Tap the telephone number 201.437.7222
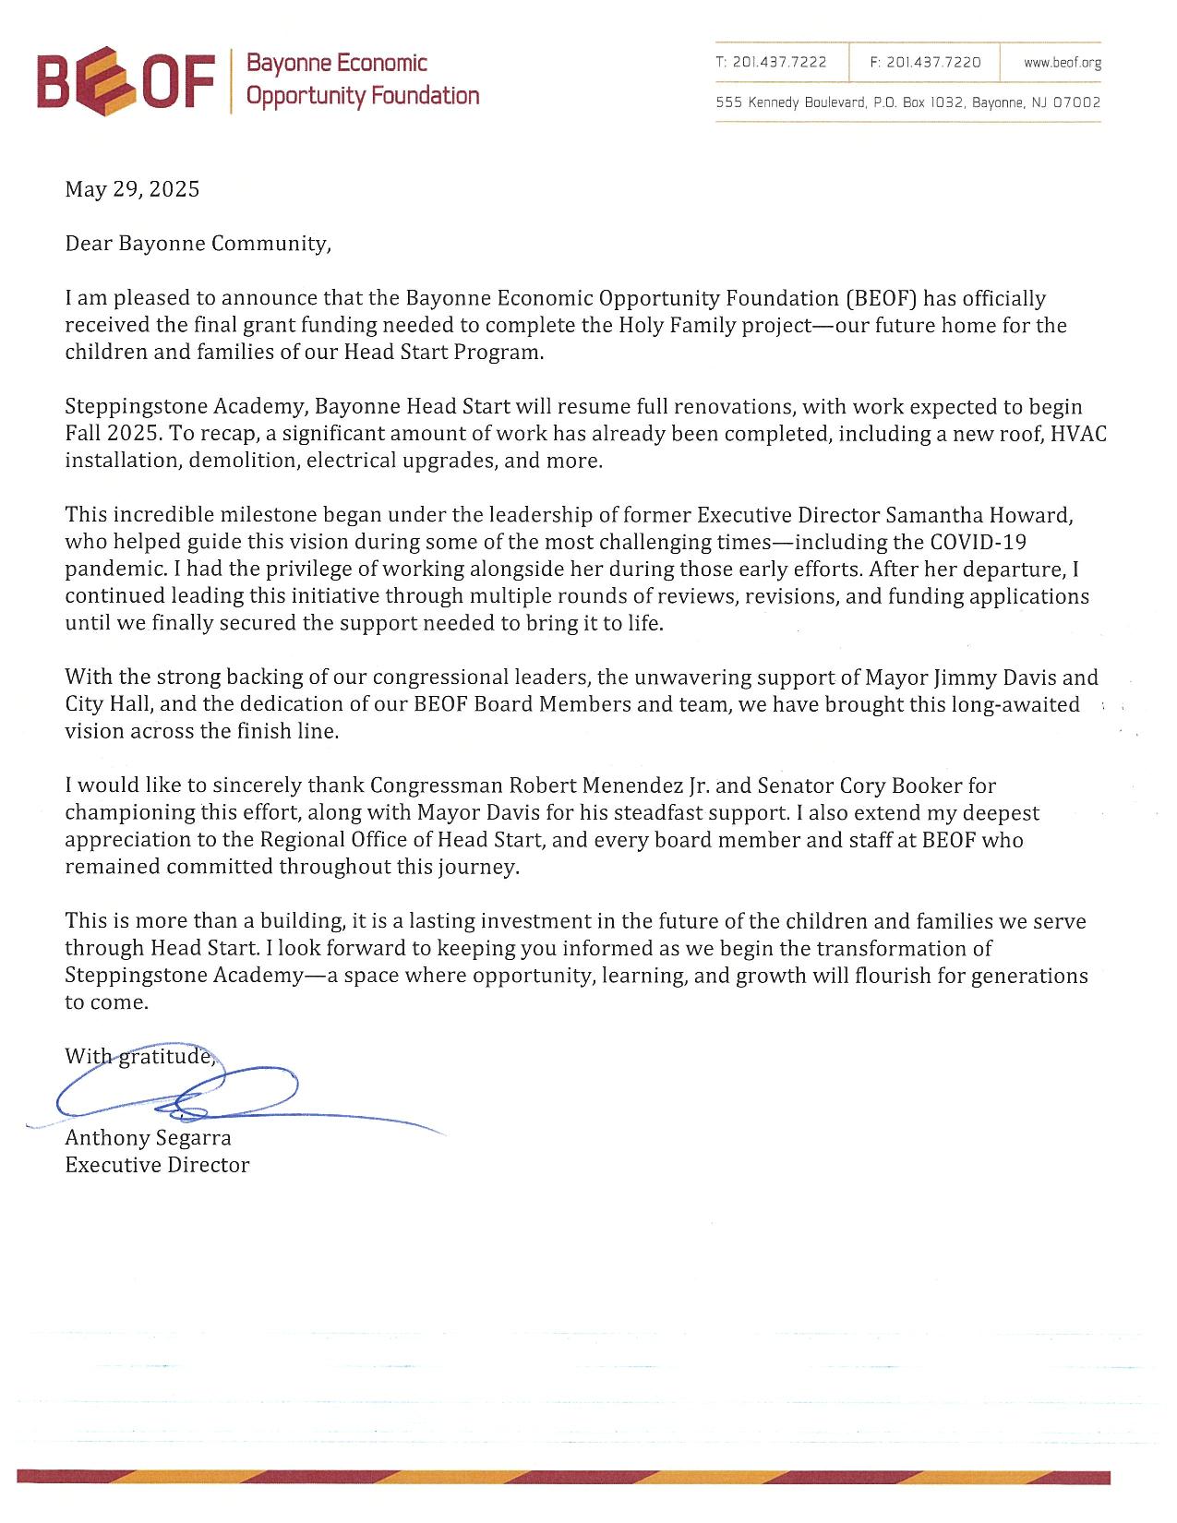780,63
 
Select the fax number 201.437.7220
933,63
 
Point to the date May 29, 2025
132,189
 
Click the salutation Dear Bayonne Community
197,244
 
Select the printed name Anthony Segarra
148,1138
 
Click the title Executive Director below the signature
157,1165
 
